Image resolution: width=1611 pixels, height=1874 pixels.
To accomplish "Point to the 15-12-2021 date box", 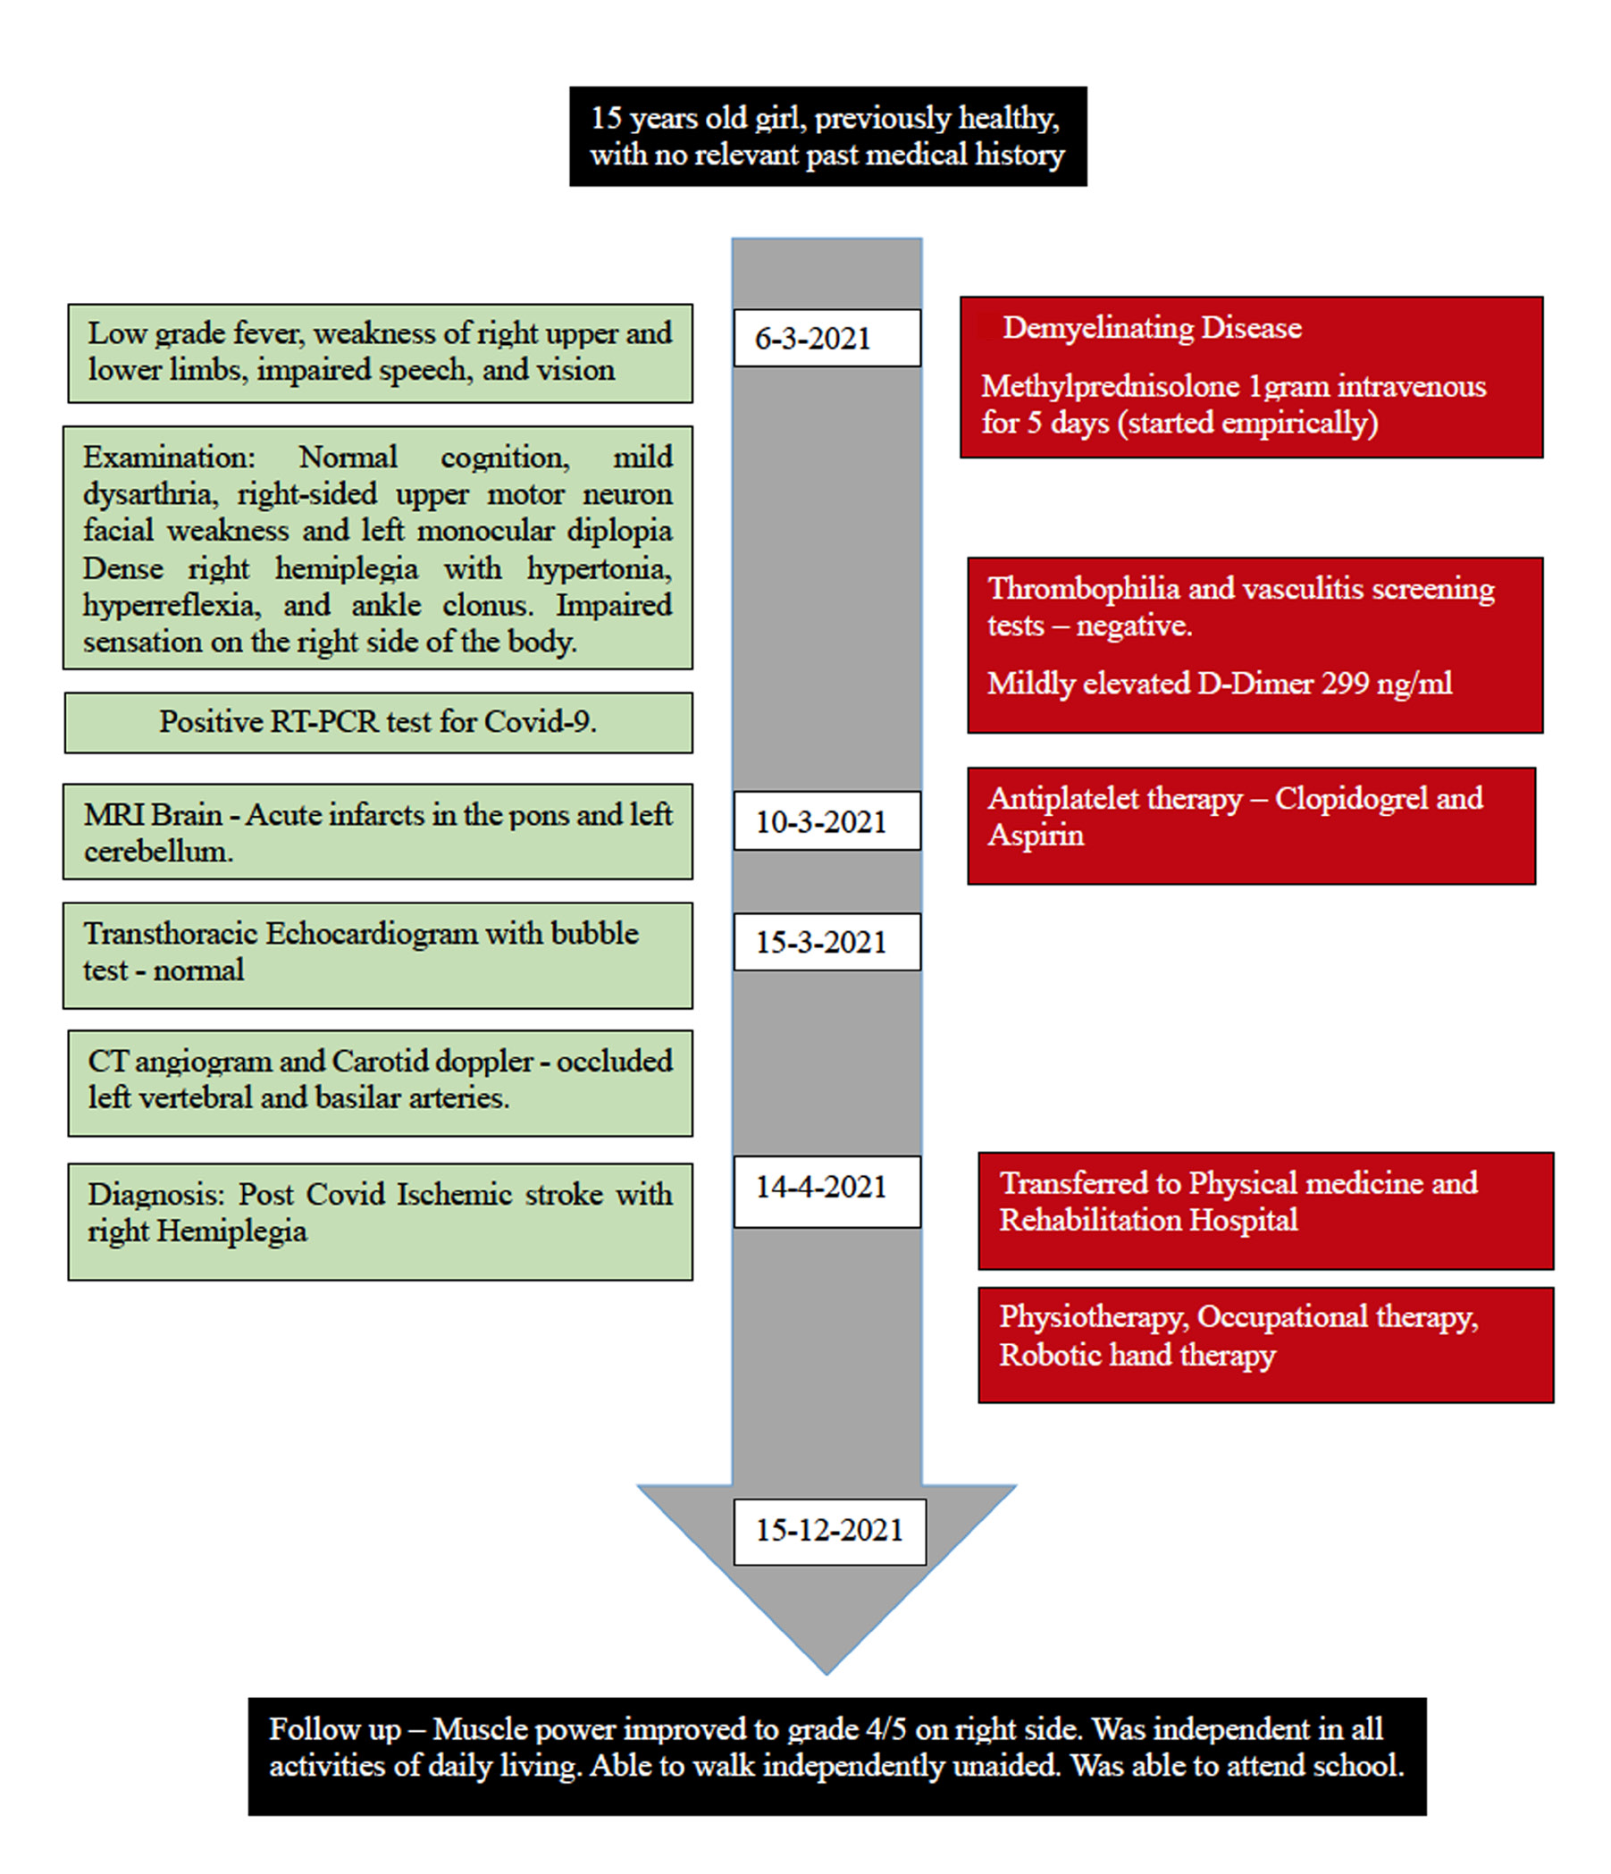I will coord(829,1530).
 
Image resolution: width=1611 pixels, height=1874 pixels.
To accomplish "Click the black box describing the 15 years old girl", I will coord(827,137).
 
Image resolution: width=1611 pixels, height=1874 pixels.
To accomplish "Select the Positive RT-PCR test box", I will coord(378,723).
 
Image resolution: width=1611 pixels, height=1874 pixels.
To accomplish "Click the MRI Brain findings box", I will coord(378,832).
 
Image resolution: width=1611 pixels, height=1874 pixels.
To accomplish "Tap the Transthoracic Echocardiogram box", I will coord(378,955).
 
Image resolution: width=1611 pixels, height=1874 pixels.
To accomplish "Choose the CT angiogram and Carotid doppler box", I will coord(380,1082).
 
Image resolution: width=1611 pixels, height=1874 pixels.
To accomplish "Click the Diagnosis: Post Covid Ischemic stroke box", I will coord(380,1221).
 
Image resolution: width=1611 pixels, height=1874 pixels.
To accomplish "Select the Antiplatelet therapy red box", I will coord(1251,825).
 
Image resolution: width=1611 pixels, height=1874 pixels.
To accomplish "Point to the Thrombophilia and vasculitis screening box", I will coord(1254,644).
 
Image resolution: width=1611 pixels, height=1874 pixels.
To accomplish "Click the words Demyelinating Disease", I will coord(1152,327).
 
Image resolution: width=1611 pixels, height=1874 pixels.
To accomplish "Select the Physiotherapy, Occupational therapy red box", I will coord(1265,1345).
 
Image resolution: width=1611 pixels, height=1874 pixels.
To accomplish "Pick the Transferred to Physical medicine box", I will coord(1265,1210).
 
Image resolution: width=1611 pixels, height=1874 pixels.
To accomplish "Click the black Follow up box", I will coord(836,1756).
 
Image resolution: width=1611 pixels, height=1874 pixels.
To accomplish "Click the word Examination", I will coord(168,458).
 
